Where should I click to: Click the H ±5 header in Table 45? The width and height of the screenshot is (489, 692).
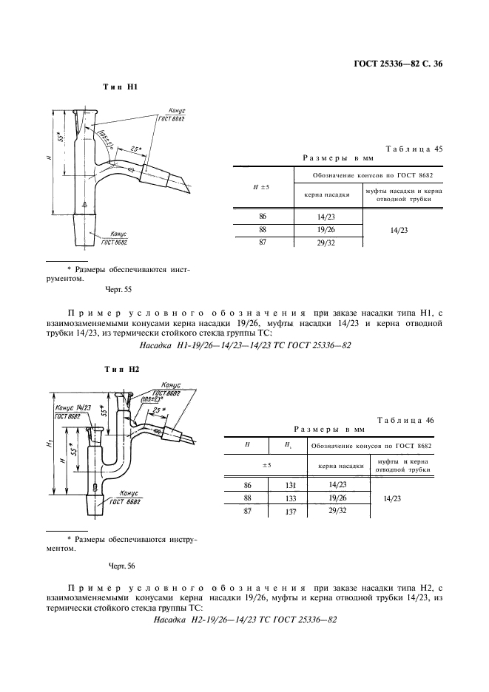[262, 187]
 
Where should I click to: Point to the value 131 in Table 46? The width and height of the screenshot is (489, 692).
[291, 485]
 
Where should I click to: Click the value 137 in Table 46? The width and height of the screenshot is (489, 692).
[291, 511]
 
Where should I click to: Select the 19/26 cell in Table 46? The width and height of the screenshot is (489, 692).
[337, 498]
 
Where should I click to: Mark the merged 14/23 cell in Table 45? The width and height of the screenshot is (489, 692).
[402, 230]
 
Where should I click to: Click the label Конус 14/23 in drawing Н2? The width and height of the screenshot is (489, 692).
[72, 407]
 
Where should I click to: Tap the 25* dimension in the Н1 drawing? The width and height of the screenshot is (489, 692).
[135, 148]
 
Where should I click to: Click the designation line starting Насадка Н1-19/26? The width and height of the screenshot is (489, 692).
[244, 345]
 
